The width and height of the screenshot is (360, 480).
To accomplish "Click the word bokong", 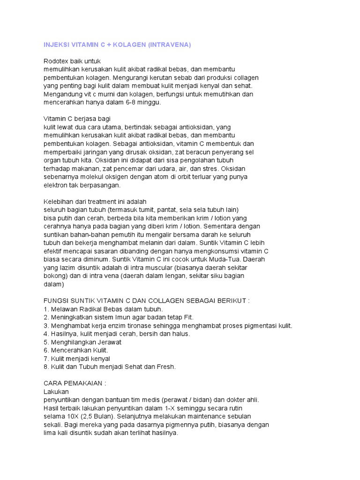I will [x=54, y=276].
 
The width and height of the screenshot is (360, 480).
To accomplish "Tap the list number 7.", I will [x=45, y=358].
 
